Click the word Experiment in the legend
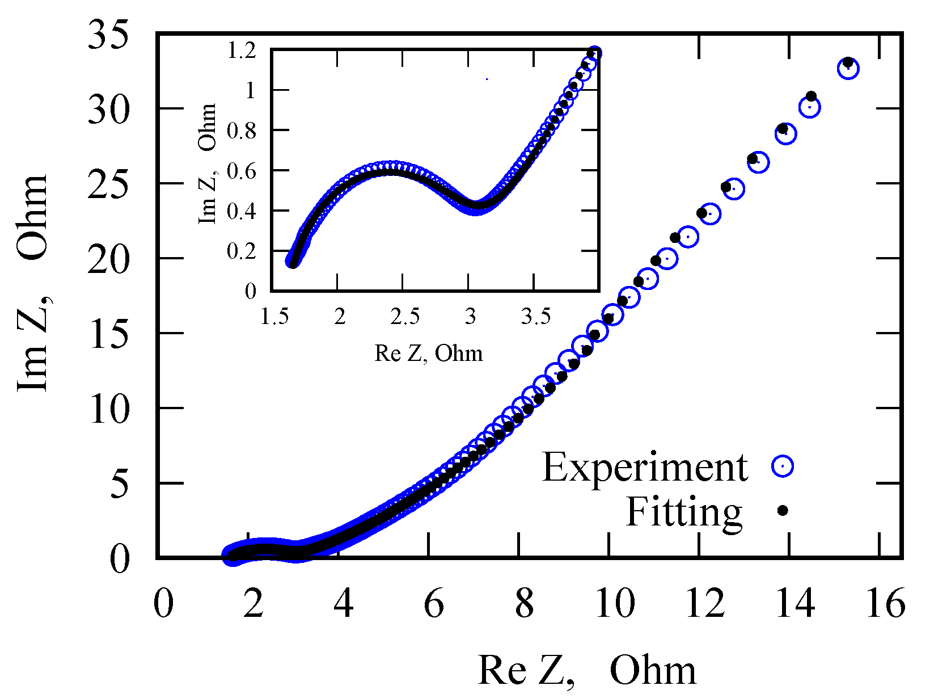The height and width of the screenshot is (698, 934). tap(645, 468)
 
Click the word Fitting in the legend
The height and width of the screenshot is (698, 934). tap(684, 512)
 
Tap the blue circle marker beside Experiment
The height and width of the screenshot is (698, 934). tap(783, 466)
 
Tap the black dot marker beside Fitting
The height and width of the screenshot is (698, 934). tap(783, 510)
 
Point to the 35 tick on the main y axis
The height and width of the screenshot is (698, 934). tap(108, 35)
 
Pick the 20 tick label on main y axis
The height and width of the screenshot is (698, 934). tap(108, 260)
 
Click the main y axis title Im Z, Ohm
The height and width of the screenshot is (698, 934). tap(33, 284)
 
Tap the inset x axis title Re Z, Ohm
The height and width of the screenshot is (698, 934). tap(429, 354)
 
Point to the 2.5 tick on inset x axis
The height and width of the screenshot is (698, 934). tap(405, 317)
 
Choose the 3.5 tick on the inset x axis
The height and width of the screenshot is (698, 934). tap(535, 317)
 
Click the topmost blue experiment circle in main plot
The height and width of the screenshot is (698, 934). tap(848, 69)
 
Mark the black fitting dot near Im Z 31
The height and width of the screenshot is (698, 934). tap(811, 96)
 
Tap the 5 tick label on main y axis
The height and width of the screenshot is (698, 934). tap(120, 485)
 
